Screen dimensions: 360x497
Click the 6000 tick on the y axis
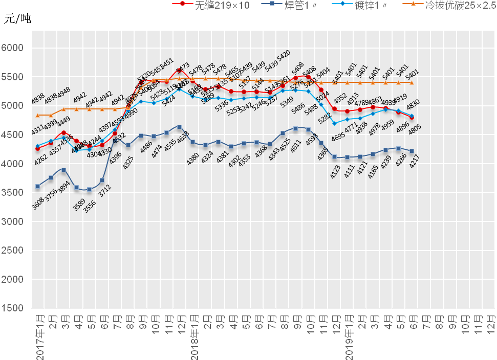coord(14,48)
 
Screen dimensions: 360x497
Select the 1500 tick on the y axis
coord(14,308)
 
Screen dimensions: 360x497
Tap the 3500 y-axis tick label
coord(14,193)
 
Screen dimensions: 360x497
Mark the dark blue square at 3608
coord(37,186)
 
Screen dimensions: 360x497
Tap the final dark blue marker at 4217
coord(412,151)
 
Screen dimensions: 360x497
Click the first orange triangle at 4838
coord(37,115)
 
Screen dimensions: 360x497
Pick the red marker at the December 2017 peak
coord(179,71)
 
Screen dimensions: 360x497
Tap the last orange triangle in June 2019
coord(412,82)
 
